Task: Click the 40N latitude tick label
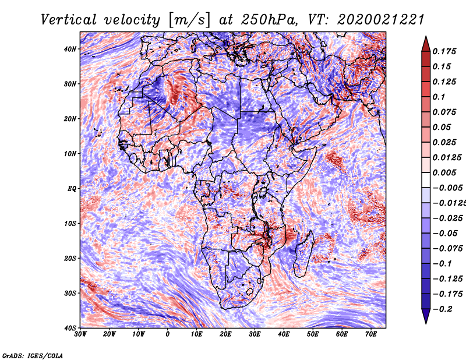70,49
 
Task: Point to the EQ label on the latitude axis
72,188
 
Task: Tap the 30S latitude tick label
70,293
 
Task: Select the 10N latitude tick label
70,153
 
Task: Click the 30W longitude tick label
80,334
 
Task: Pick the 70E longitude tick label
370,334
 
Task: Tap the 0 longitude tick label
168,334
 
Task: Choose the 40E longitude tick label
284,334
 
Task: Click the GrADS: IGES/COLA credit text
33,355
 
